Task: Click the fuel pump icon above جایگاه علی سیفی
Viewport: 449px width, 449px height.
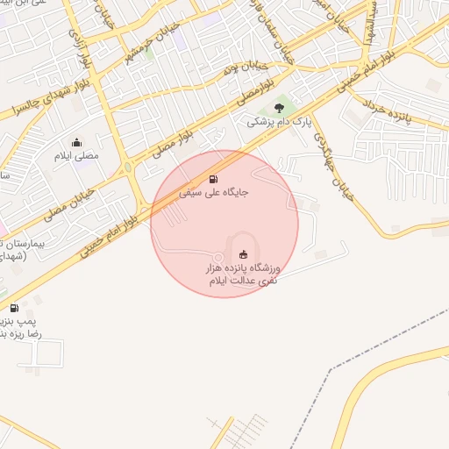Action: tap(215, 178)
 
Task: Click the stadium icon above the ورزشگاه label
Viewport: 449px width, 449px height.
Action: tap(244, 254)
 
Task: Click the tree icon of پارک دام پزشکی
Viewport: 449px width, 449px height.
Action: tap(279, 109)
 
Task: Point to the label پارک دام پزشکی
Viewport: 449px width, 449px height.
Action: tap(271, 124)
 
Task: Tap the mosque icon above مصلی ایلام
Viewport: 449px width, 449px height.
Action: tap(76, 142)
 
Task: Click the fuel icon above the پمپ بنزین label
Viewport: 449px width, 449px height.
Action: tap(14, 308)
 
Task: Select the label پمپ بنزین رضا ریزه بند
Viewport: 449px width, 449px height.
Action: tap(16, 327)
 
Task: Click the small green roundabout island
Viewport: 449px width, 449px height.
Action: tap(129, 166)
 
